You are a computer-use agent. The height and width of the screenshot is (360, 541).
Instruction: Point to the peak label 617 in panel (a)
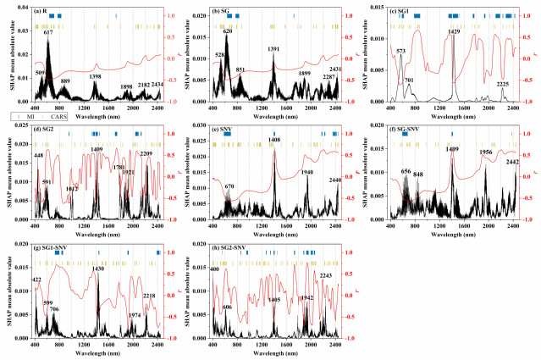point(48,33)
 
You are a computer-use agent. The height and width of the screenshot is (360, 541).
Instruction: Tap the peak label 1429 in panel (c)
point(454,32)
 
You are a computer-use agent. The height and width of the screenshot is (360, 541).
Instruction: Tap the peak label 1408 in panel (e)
point(274,141)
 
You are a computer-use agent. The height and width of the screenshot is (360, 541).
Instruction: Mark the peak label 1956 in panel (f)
point(486,153)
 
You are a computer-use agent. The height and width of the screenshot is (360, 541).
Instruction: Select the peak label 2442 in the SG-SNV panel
point(513,162)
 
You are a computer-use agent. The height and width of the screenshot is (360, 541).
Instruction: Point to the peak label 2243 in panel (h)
point(325,275)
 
